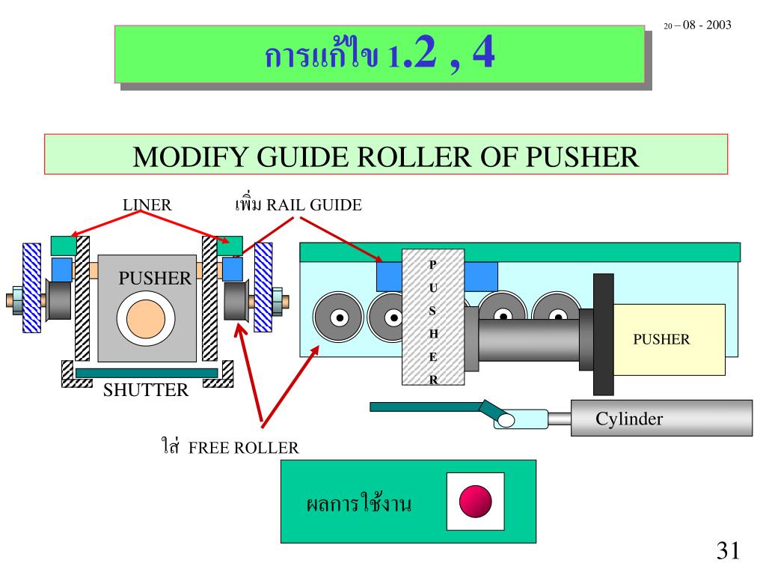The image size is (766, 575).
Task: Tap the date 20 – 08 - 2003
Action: point(697,25)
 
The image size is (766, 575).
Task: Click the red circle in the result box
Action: point(475,501)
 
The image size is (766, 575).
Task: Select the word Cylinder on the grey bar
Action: point(629,419)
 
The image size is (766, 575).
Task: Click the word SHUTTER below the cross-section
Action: point(146,390)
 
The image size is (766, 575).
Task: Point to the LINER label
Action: point(147,204)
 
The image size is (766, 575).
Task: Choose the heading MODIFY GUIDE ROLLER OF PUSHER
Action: point(385,156)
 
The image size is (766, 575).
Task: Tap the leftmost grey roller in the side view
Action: point(340,317)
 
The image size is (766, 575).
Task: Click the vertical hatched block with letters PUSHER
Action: point(433,317)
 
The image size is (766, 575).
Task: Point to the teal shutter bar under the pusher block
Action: point(147,372)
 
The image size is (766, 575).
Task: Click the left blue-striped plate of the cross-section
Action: point(31,287)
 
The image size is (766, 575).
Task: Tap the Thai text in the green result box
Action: point(359,503)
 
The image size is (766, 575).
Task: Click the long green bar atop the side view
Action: point(520,252)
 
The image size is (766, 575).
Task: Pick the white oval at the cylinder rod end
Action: point(506,420)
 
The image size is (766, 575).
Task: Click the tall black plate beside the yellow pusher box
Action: point(603,334)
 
